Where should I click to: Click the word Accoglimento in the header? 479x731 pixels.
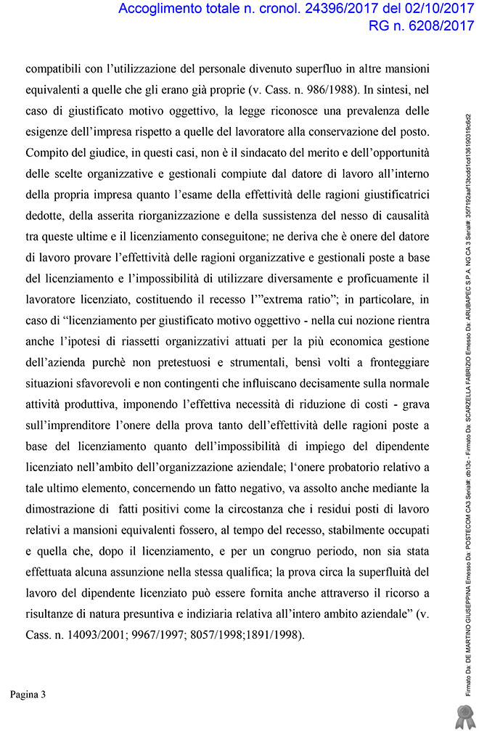[x=159, y=10]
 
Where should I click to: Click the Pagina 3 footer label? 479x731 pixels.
[x=28, y=695]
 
